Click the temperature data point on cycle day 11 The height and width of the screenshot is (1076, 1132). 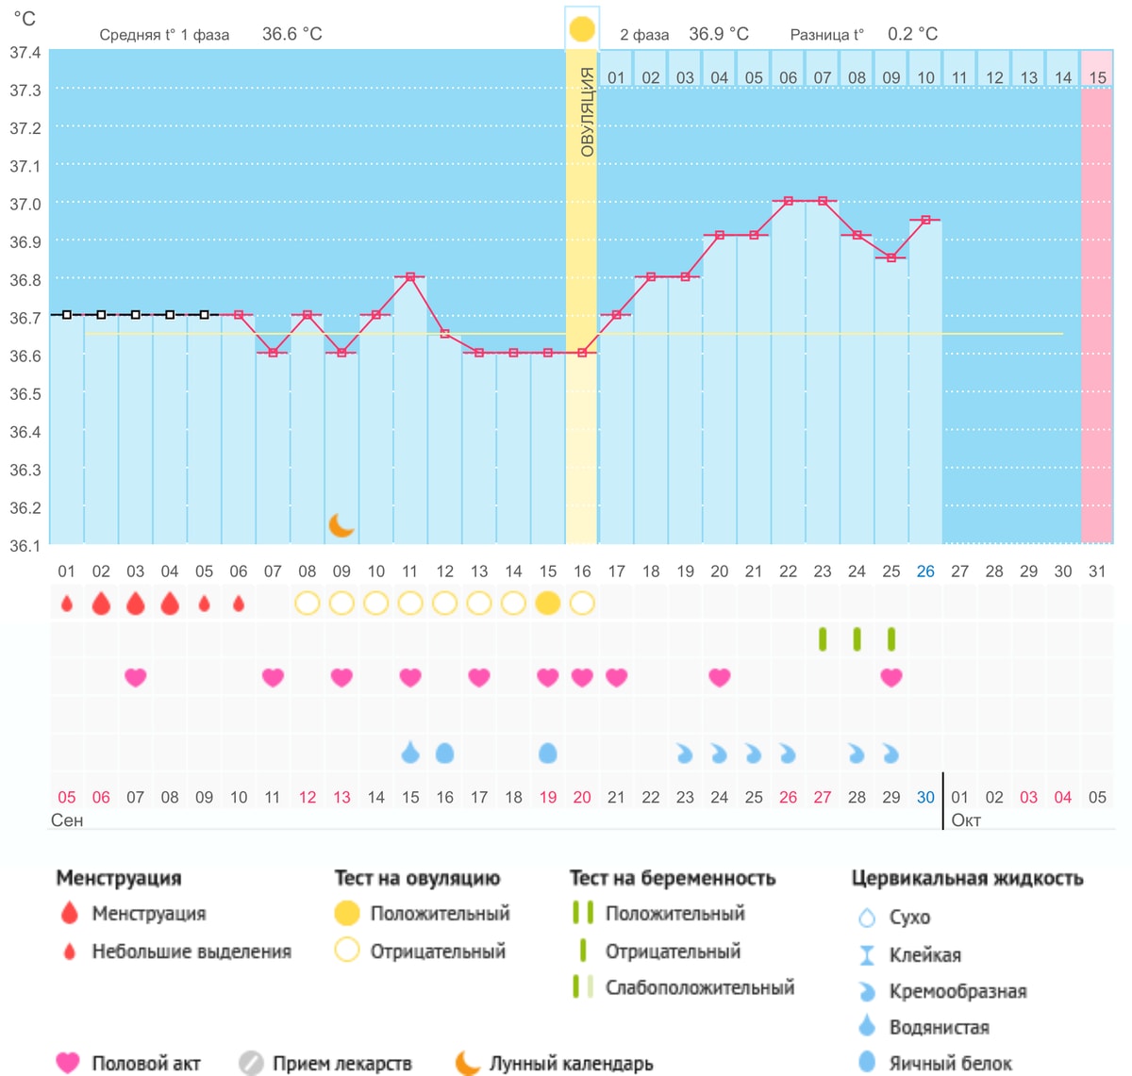pos(410,277)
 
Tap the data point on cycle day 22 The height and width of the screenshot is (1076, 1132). pos(789,201)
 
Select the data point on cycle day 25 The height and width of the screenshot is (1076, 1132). pos(891,257)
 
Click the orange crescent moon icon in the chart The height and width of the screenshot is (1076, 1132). pos(341,525)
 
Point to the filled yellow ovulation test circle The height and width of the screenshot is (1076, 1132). pos(547,604)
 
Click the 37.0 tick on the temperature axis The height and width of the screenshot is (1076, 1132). pos(25,205)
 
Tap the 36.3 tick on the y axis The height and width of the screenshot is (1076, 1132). pos(25,470)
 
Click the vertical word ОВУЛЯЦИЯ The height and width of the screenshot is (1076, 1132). pos(587,111)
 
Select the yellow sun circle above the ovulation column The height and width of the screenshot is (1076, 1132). pos(581,29)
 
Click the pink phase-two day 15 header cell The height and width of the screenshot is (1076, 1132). pos(1097,69)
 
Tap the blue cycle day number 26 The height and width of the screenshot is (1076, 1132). pos(925,571)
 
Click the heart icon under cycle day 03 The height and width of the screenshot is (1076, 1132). pos(135,677)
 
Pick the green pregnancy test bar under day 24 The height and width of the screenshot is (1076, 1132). pos(857,639)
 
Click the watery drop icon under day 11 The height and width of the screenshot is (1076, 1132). pos(410,752)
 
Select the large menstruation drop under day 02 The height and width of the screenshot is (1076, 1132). pos(101,604)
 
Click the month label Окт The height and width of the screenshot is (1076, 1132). pos(966,819)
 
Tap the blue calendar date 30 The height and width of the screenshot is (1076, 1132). pos(925,798)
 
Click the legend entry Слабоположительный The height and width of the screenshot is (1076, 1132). pos(700,987)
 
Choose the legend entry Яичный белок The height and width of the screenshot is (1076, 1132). pos(951,1063)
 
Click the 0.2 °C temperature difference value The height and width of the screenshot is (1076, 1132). pos(912,34)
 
